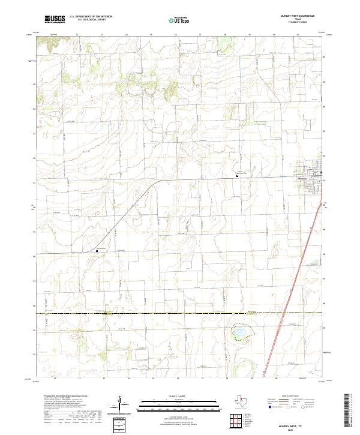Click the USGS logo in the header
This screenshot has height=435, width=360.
click(55, 19)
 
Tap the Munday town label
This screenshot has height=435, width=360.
click(302, 179)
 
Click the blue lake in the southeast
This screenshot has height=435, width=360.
click(240, 331)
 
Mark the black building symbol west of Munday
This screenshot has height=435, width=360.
click(238, 176)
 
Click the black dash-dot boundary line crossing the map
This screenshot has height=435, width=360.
click(180, 313)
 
